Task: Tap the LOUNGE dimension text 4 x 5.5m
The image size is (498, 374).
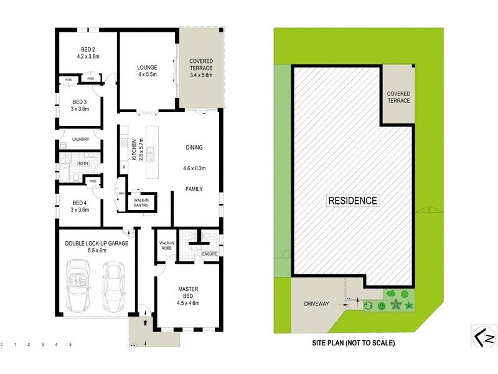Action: coord(148,75)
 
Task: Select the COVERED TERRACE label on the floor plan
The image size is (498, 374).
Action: coord(200,64)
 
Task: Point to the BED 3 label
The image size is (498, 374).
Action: coord(80,102)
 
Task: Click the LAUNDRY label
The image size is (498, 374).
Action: coord(80,139)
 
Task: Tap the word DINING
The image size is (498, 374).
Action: coord(194,148)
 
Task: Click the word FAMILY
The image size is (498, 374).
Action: coord(194,188)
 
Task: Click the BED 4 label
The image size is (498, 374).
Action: coord(80,203)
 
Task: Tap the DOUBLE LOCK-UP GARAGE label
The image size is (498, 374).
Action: coord(96,243)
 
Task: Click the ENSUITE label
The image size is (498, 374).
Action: coord(209,254)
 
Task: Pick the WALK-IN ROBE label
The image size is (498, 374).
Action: coord(166,245)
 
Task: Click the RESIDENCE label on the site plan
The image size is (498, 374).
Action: coord(352,201)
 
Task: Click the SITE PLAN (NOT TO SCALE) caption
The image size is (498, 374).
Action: coord(353,343)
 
